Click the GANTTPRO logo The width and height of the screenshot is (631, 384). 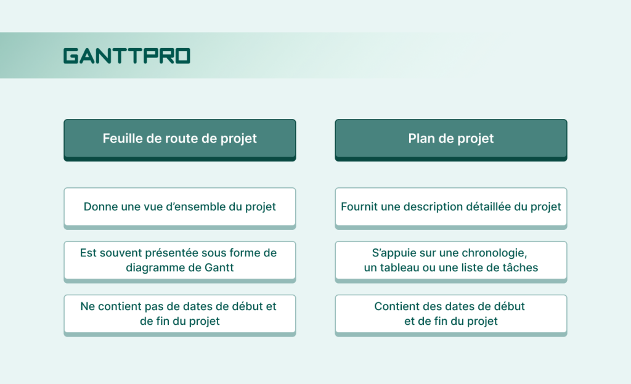pos(127,56)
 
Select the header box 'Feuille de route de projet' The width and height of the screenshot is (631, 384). pos(179,139)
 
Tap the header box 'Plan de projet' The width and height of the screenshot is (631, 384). pos(450,139)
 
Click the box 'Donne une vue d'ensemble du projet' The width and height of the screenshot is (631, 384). pos(179,206)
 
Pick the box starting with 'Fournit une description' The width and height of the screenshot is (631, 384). pos(450,206)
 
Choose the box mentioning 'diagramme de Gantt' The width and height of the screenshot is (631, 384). pos(179,260)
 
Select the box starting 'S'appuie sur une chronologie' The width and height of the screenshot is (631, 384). pos(450,260)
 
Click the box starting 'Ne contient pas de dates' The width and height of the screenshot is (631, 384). pos(179,314)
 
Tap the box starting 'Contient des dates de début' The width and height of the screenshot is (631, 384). pos(450,314)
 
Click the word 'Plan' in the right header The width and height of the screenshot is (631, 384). pos(421,139)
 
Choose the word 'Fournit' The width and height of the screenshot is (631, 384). pos(359,206)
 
